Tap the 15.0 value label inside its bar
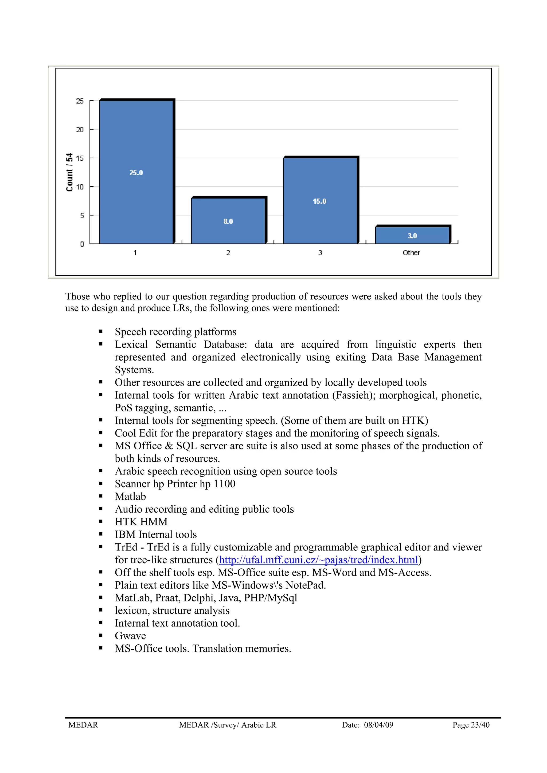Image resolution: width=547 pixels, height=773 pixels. pos(319,201)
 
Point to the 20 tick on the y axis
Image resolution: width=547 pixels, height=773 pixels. pos(80,130)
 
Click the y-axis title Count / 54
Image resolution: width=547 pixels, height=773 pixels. pos(70,172)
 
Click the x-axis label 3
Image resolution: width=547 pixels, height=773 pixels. pos(320,253)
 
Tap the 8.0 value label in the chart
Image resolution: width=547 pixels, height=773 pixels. pos(228,221)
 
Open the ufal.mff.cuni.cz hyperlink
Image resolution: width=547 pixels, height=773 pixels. pos(318,560)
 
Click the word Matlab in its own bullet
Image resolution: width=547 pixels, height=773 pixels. pos(130,497)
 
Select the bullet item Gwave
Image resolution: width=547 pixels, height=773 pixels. pos(130,636)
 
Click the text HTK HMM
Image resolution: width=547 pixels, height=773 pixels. pos(141,522)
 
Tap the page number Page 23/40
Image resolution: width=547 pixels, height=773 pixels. pos(471,725)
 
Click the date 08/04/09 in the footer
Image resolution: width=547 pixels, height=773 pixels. pos(378,725)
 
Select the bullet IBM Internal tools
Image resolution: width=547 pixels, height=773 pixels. pos(156,535)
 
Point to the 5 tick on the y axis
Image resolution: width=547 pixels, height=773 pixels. pos(82,216)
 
